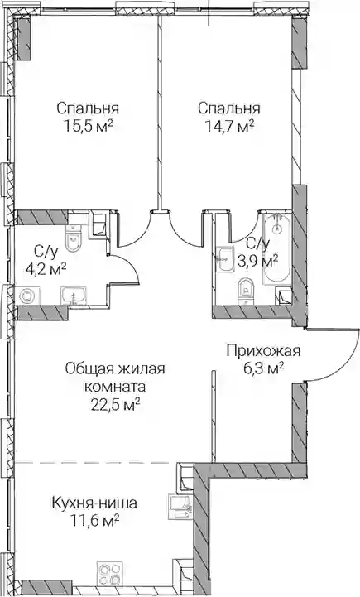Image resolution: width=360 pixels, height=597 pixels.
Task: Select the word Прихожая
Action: [263, 350]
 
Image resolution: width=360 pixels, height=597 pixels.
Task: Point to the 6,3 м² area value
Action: [263, 368]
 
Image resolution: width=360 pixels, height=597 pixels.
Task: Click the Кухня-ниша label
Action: [94, 503]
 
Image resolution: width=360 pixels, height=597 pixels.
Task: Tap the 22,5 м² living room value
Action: [114, 405]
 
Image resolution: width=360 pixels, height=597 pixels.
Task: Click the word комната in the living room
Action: [114, 387]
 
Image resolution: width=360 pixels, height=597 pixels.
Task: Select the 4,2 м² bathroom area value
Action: [46, 269]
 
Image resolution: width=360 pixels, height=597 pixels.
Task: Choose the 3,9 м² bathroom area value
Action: [257, 261]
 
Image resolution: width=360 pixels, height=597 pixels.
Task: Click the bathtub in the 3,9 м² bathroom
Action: [276, 249]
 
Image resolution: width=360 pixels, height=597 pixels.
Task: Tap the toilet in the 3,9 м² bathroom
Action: [247, 291]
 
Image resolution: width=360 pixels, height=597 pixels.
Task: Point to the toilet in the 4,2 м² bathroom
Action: [74, 238]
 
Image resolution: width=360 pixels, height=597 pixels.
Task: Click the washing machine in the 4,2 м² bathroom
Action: [27, 296]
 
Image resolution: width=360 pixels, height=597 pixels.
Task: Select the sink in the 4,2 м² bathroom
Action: [74, 296]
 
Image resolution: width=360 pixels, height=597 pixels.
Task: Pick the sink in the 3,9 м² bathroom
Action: [224, 259]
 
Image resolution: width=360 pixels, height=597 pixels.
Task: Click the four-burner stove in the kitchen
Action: [110, 573]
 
